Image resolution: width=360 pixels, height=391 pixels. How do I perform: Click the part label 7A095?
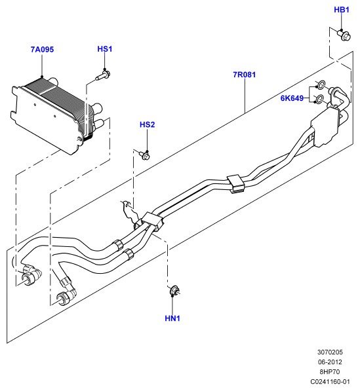[42, 49]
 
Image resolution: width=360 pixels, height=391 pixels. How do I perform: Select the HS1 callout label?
[105, 49]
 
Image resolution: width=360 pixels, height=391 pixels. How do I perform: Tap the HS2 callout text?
[148, 124]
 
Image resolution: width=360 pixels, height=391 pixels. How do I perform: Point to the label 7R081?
[245, 75]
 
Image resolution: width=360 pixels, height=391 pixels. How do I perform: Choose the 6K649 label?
[292, 98]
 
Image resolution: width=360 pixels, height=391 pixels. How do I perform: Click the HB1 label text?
[342, 10]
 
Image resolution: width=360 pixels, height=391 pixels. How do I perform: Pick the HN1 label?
[172, 318]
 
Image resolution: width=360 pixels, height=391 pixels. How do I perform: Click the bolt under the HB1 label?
[344, 35]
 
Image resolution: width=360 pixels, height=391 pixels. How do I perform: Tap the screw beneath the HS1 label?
[104, 75]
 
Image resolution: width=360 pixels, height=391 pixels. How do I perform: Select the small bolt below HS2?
[145, 155]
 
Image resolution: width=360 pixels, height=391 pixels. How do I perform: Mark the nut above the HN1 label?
[174, 291]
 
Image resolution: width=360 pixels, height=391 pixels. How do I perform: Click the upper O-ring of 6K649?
[321, 84]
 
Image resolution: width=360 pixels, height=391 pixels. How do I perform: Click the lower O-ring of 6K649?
[319, 100]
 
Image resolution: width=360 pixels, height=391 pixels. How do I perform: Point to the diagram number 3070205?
[330, 352]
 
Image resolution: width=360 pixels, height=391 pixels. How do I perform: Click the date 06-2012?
[330, 362]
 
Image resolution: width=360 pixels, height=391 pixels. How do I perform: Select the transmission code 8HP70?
[330, 371]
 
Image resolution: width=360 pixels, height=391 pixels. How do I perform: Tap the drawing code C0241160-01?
[330, 382]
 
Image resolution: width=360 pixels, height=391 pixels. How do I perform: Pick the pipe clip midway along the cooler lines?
[235, 184]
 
